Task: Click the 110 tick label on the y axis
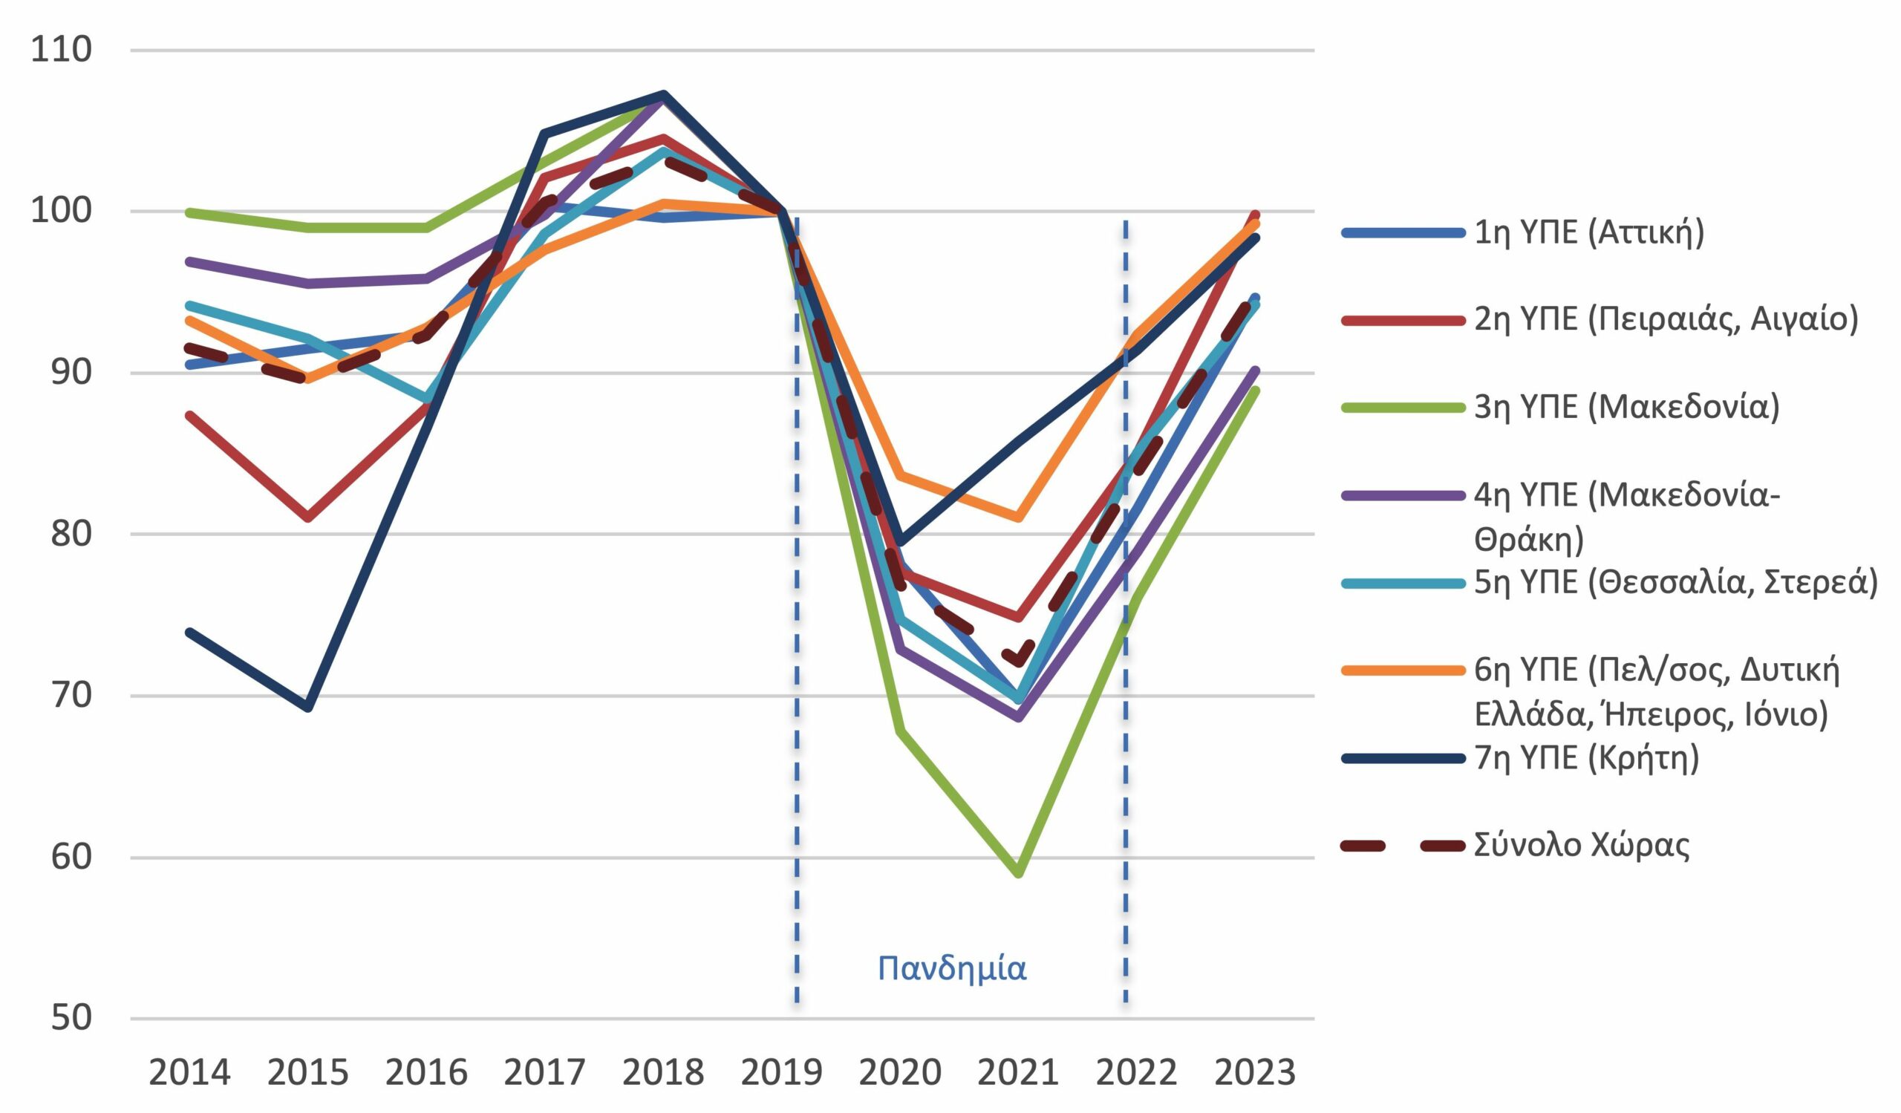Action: [60, 50]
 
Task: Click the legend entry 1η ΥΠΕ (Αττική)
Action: [1588, 233]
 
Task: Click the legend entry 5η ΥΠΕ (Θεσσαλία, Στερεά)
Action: [1675, 583]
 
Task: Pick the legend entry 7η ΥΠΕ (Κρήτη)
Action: [1586, 758]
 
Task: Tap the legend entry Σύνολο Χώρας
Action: [1581, 845]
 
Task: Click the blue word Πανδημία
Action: [952, 967]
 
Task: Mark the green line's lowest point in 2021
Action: [1018, 873]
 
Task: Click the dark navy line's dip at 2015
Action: [307, 708]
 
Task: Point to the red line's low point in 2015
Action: [307, 518]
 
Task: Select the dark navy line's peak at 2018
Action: [664, 94]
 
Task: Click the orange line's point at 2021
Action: [1018, 518]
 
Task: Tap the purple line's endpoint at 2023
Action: [1255, 371]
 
